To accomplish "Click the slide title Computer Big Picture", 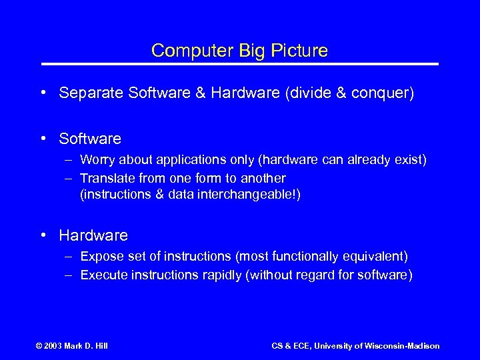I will [239, 51].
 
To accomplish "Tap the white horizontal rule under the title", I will [240, 64].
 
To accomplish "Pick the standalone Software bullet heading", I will [90, 139].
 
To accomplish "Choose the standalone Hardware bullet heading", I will [93, 235].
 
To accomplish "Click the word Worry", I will [97, 160].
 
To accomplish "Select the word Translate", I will [107, 179].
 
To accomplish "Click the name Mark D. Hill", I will [87, 346].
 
